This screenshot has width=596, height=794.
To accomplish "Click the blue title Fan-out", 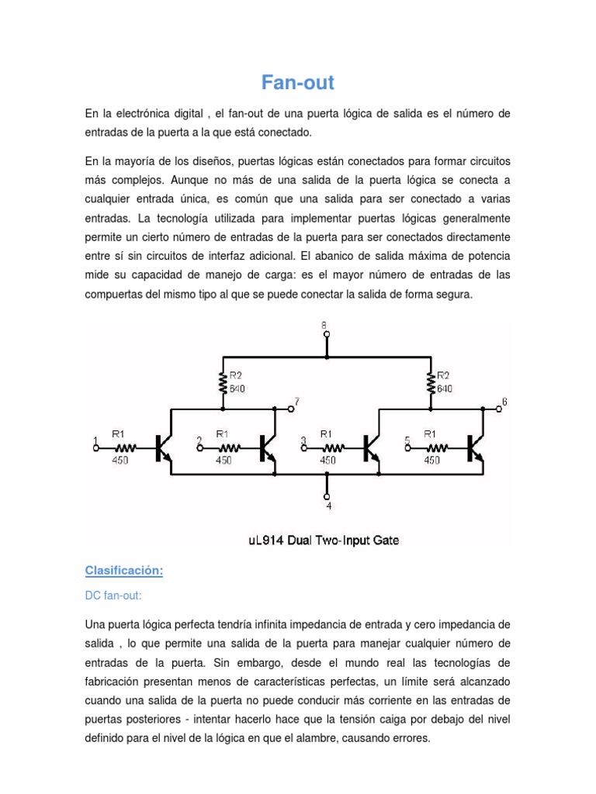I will [x=297, y=82].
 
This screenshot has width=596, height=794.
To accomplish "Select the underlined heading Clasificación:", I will [x=124, y=571].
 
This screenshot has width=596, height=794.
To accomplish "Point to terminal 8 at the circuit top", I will [x=327, y=334].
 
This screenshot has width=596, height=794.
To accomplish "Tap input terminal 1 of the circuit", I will [x=95, y=446].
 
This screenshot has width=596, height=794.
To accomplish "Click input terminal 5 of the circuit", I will [x=407, y=447].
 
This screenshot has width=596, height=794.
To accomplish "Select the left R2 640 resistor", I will [x=223, y=383].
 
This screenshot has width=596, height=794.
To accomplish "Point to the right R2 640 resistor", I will [x=431, y=383].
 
